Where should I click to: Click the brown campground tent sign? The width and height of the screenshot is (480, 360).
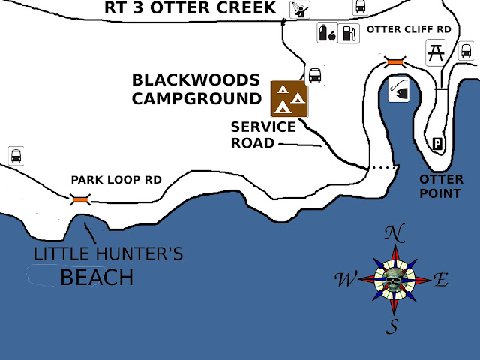pos(290,98)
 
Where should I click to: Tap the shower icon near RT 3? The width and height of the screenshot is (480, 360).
pos(298,10)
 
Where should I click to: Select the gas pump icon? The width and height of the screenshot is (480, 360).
pos(348,33)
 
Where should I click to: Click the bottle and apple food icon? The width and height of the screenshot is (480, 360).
pos(327,33)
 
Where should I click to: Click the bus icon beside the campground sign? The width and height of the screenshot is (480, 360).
pos(316,74)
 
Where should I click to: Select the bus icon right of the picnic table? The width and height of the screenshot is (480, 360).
pos(466,51)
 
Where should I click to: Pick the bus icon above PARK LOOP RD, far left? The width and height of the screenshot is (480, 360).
pos(16,155)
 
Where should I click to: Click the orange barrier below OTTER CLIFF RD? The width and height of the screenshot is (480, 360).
pos(394,61)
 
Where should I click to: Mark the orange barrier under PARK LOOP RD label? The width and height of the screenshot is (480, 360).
pos(80,199)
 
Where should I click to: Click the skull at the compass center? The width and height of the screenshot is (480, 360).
pos(393,280)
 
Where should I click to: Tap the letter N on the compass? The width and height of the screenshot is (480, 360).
pos(391,233)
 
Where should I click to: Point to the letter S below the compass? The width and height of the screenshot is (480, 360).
pos(392,325)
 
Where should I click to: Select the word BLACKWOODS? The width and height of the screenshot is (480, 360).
pos(196,80)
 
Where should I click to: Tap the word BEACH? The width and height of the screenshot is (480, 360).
pos(97,278)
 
